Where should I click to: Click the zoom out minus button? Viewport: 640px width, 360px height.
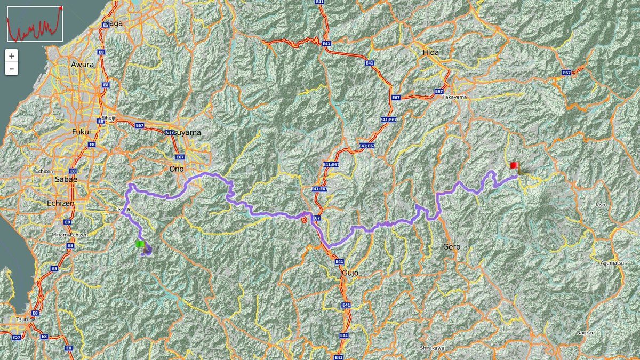coord(12,69)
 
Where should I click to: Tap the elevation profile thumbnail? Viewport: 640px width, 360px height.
coord(35,23)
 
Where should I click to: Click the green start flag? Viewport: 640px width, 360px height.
coord(140,244)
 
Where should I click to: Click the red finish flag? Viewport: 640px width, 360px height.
coord(514,166)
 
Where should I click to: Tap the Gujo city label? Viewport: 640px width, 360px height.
coord(350,273)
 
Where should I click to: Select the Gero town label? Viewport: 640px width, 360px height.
coord(451,247)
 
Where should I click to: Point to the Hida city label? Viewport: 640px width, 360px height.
coord(430,52)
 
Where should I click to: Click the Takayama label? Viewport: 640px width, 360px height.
coord(454,97)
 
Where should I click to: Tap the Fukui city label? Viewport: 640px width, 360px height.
coord(81,132)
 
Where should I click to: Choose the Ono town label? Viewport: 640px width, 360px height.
coord(176,169)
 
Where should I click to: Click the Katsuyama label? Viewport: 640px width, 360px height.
coord(181,132)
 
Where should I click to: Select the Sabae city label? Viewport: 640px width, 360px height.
coord(66,179)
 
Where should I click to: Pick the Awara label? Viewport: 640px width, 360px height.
coord(82,65)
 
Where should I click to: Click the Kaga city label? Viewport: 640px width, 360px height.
coord(114,23)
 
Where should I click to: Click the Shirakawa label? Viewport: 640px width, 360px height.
coord(432,348)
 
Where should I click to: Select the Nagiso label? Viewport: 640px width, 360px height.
coord(585,333)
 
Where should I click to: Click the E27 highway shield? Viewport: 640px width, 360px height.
coord(16,338)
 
